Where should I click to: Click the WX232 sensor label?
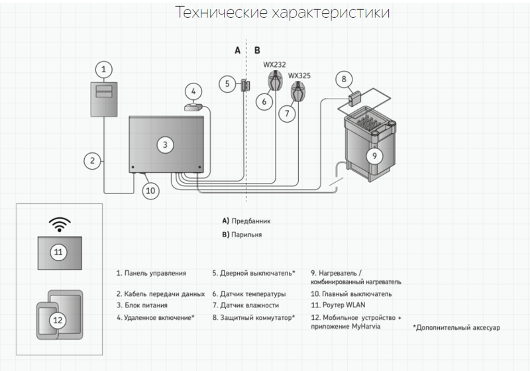(274, 65)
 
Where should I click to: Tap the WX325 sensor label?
(299, 76)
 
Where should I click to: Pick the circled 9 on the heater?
(374, 156)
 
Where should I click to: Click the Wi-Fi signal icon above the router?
(60, 224)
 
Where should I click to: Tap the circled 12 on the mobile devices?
(58, 320)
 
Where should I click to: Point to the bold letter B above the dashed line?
(258, 50)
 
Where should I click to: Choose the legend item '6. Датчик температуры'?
(249, 293)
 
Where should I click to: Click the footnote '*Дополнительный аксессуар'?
(456, 328)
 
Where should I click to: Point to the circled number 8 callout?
(343, 79)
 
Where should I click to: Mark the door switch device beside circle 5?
(244, 85)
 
